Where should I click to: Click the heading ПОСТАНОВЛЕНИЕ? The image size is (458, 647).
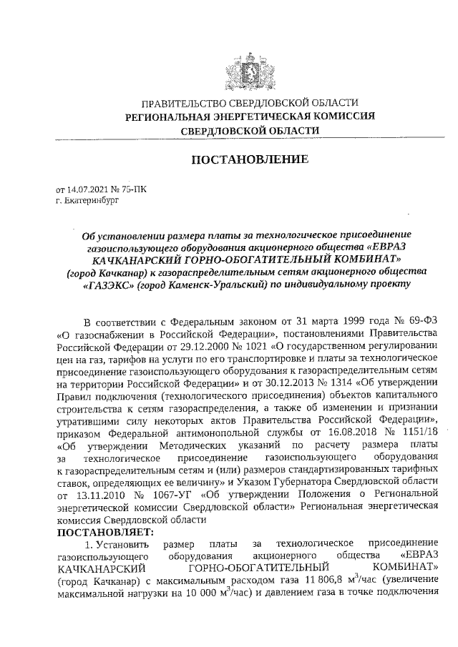coord(249,159)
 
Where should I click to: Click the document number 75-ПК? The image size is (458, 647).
coord(134,191)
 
